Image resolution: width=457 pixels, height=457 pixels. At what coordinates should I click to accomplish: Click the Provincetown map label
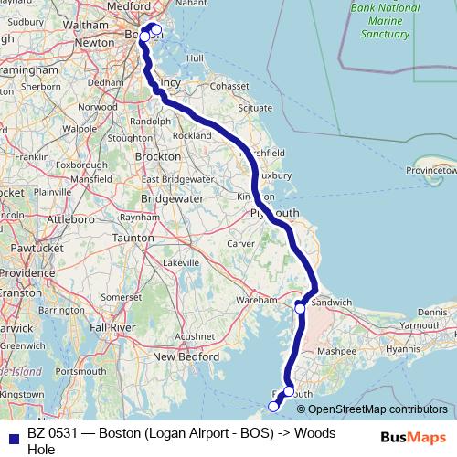click(431, 170)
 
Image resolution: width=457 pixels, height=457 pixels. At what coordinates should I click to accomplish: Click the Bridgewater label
click(171, 197)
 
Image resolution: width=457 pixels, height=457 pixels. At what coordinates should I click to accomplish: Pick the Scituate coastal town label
click(254, 107)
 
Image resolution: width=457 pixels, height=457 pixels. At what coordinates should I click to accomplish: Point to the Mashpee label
click(338, 350)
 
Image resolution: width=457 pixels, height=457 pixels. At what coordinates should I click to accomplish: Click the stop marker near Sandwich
click(300, 308)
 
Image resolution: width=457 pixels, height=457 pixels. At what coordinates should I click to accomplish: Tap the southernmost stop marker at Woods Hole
click(273, 405)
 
